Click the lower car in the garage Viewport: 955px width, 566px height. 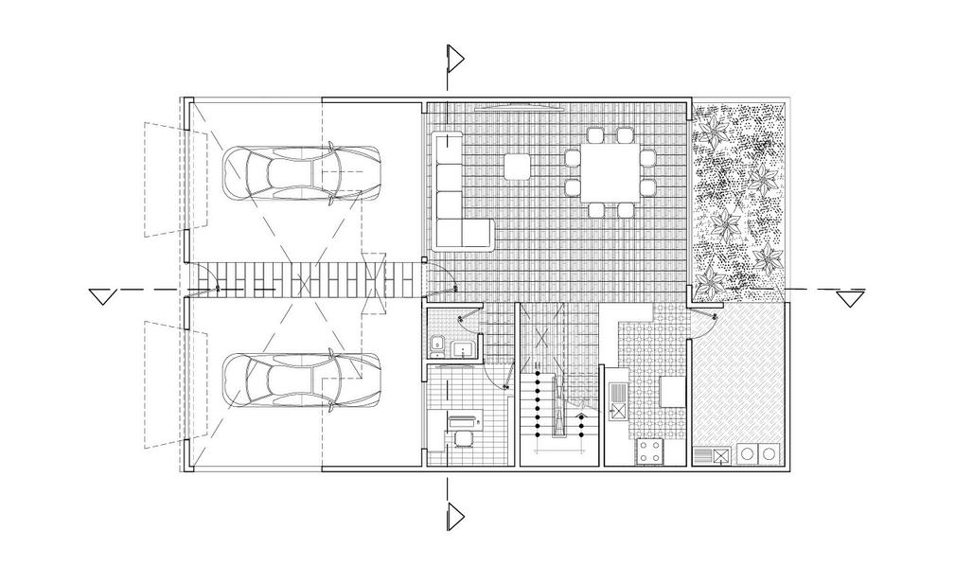[301, 380]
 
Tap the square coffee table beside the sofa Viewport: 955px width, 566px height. [517, 168]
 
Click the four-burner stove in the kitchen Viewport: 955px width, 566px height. [649, 451]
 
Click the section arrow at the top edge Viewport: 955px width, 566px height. [455, 59]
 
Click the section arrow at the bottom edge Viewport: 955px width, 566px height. [455, 516]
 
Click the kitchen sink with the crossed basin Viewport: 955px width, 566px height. [618, 410]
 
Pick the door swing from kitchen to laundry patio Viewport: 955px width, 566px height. [705, 322]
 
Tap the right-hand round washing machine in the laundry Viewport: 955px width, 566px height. [769, 454]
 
